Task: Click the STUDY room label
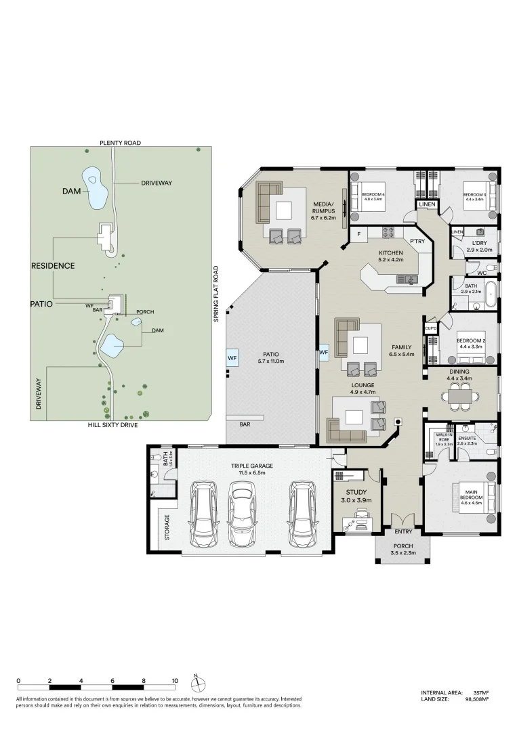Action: tap(356, 493)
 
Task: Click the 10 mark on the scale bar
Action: tap(175, 681)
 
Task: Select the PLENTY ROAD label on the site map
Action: tap(119, 142)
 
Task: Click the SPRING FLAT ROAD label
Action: tap(216, 293)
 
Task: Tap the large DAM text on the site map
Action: tap(71, 192)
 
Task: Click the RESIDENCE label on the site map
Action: tap(53, 266)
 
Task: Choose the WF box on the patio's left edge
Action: tap(232, 356)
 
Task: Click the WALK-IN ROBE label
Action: tap(444, 437)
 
